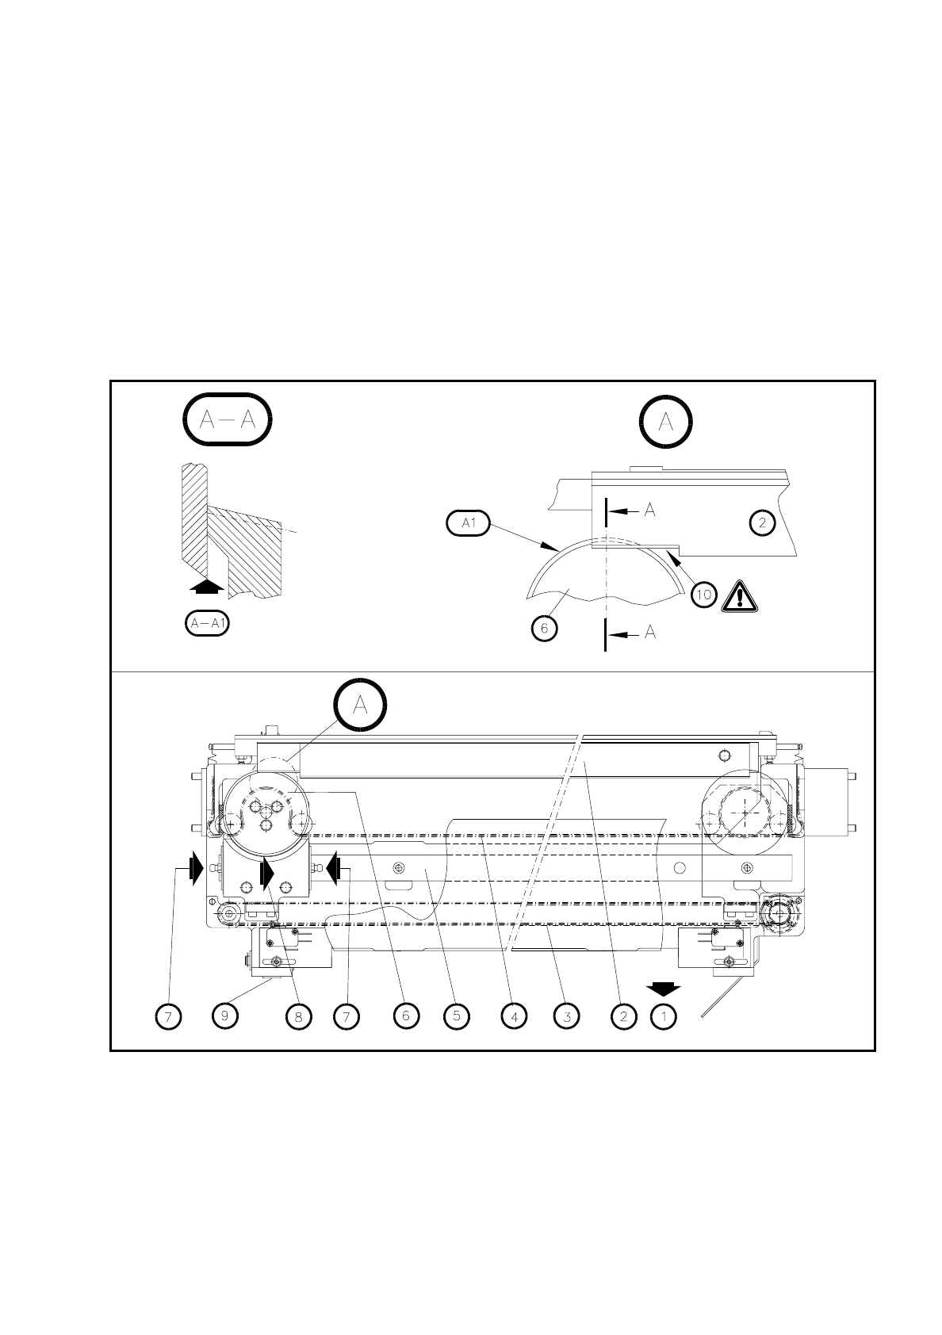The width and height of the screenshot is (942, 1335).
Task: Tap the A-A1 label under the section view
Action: click(x=207, y=623)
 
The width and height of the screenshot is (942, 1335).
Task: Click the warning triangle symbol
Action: click(x=740, y=595)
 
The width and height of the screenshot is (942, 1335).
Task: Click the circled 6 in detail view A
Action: click(x=545, y=629)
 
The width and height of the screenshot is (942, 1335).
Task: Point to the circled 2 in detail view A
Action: click(x=762, y=522)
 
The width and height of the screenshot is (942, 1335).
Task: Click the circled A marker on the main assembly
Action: click(x=360, y=705)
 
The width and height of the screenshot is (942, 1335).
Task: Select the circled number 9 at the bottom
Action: click(x=226, y=1016)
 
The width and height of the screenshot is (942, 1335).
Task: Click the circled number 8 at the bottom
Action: click(x=297, y=1016)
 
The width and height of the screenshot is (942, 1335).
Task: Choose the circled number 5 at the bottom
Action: click(x=456, y=1016)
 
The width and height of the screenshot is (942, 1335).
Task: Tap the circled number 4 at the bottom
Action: click(x=514, y=1016)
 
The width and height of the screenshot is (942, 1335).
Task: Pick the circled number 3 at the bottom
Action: click(x=566, y=1016)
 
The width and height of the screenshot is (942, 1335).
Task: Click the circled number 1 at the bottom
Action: click(x=664, y=1016)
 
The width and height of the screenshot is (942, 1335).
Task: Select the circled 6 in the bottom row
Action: click(x=405, y=1016)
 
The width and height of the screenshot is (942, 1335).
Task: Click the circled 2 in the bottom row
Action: click(x=624, y=1016)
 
